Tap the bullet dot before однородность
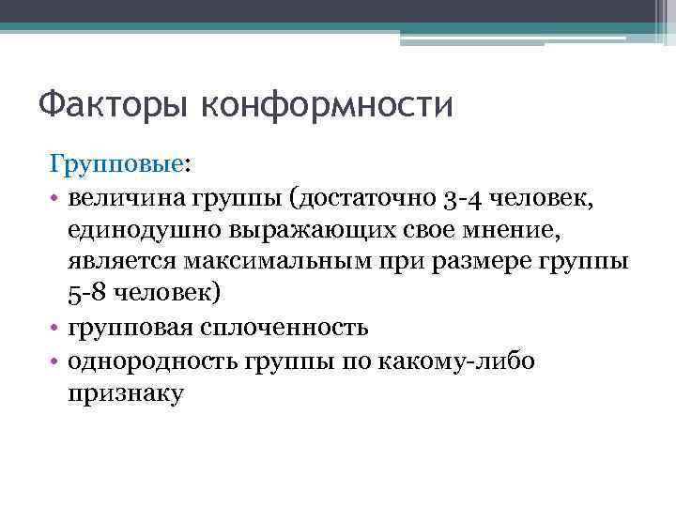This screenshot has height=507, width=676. click(55, 361)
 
